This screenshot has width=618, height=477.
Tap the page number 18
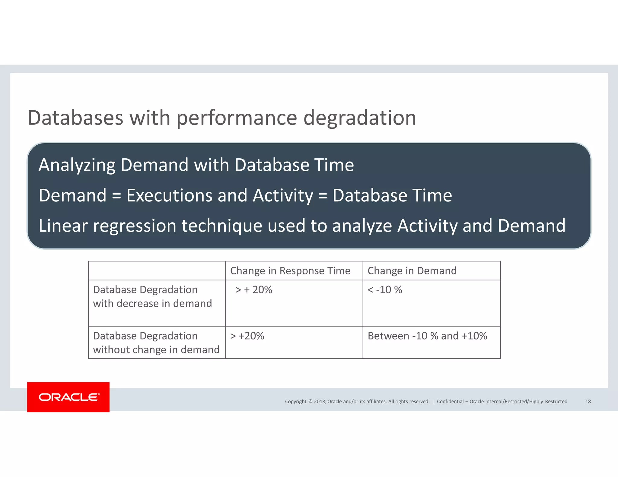(588, 401)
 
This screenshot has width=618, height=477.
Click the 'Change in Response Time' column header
(290, 271)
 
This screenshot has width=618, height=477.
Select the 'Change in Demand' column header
(412, 271)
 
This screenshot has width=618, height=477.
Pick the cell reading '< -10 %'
(385, 290)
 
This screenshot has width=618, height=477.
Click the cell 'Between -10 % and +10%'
(427, 336)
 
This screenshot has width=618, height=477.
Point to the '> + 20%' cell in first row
(253, 290)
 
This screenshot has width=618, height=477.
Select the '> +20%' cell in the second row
(247, 336)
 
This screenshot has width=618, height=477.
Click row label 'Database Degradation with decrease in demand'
(152, 296)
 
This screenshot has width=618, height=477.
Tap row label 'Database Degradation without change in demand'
(156, 343)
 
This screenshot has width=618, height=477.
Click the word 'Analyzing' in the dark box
(77, 165)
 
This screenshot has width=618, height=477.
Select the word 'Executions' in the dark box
(169, 195)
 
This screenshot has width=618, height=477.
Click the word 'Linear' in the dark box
(63, 226)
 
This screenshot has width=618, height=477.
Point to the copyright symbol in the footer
(310, 401)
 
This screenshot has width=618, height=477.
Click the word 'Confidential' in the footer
(450, 401)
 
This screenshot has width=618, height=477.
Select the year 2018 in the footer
(320, 401)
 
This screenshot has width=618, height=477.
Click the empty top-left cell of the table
(157, 271)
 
